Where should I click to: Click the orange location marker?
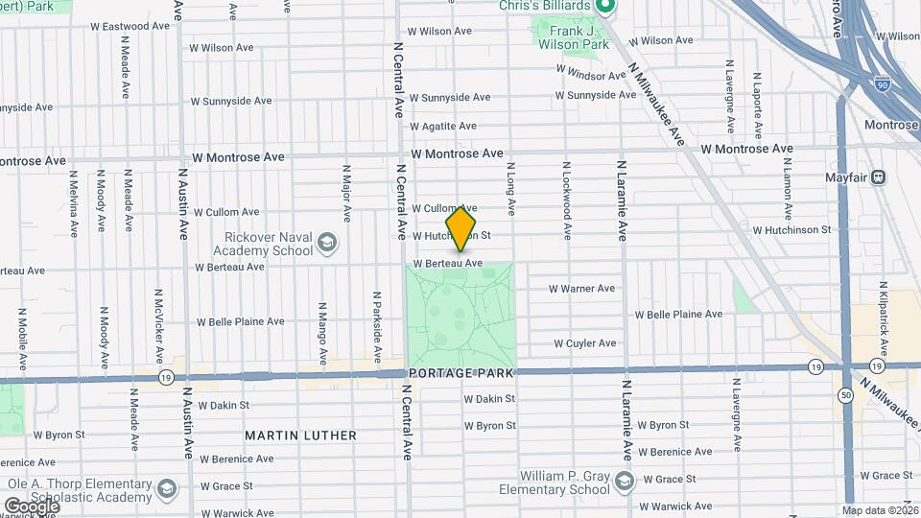pos(461,227)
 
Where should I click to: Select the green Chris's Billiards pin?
pos(604,9)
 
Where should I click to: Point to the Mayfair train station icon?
pos(878,177)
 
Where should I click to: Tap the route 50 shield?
pos(845,394)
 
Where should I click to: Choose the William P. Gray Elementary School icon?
pos(625,479)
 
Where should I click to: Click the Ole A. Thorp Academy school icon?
pos(168,490)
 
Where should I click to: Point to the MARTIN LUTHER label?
pos(300,436)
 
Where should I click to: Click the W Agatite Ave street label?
pos(442,126)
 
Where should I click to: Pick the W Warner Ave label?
pos(581,288)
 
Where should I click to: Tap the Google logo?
pos(31,506)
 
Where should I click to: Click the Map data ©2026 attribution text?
pos(877,510)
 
